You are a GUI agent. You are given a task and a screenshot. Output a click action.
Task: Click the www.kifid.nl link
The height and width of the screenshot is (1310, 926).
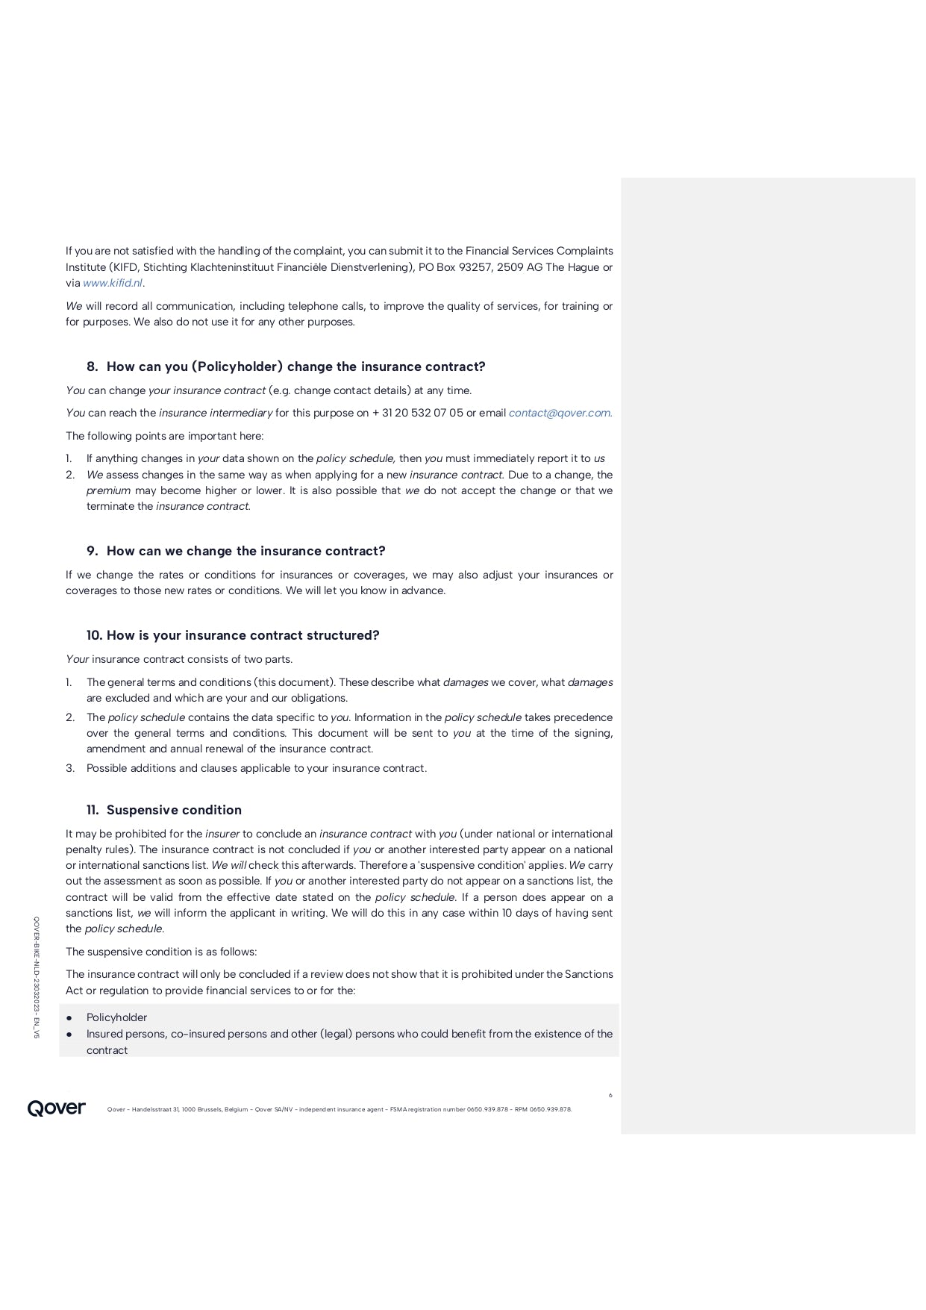click(x=112, y=283)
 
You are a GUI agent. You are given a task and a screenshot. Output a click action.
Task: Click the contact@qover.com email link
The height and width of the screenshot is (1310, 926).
click(x=560, y=413)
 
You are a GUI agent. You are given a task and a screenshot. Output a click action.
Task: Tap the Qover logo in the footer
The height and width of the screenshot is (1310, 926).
click(x=57, y=1108)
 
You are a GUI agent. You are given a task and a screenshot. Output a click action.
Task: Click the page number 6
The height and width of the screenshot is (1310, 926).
click(x=610, y=1095)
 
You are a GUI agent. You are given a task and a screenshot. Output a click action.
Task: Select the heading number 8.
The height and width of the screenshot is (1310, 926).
click(x=93, y=367)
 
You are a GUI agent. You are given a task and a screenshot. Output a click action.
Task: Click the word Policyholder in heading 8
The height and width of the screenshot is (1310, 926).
click(x=237, y=367)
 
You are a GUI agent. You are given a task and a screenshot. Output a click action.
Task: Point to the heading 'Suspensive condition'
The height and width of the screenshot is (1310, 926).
click(x=174, y=810)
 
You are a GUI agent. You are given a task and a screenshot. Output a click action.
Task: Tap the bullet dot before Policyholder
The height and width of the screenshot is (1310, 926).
click(x=69, y=1017)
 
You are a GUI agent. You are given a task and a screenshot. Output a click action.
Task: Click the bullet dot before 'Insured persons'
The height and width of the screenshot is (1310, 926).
click(x=69, y=1034)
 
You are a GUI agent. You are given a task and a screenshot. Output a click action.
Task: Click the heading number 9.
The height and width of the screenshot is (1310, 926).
click(x=93, y=551)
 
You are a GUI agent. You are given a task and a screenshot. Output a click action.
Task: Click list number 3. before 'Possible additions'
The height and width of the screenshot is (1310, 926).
click(x=70, y=768)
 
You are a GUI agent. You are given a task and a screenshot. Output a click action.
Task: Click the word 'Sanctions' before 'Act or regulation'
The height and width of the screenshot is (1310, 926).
click(x=589, y=974)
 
